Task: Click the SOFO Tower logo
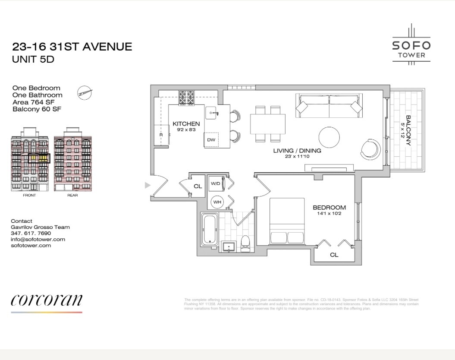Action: pyautogui.click(x=411, y=45)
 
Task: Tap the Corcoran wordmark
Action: pyautogui.click(x=47, y=300)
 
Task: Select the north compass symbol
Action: pyautogui.click(x=85, y=92)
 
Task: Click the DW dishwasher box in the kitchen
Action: pyautogui.click(x=211, y=140)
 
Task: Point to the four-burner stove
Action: pyautogui.click(x=187, y=98)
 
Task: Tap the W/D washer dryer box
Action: pyautogui.click(x=216, y=183)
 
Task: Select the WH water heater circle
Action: pyautogui.click(x=217, y=202)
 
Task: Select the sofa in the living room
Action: pyautogui.click(x=329, y=106)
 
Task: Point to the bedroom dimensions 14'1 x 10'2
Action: pyautogui.click(x=329, y=213)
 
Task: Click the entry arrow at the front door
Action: pyautogui.click(x=147, y=185)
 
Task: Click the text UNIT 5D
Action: pyautogui.click(x=33, y=60)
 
